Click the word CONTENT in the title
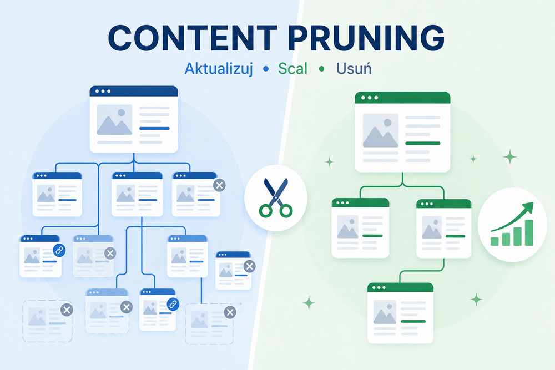[x=193, y=38]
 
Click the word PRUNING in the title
[x=366, y=38]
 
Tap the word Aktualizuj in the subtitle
[x=218, y=69]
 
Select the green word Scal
[x=292, y=69]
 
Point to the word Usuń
[x=354, y=68]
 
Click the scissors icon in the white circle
[x=276, y=197]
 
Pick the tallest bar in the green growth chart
[x=529, y=232]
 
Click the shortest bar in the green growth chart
[x=495, y=241]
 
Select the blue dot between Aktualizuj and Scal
[x=266, y=69]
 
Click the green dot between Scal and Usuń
[x=321, y=69]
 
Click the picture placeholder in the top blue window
[x=114, y=120]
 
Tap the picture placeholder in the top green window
[x=381, y=130]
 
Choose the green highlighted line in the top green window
[x=422, y=143]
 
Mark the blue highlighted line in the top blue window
[x=154, y=128]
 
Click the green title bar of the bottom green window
[x=400, y=287]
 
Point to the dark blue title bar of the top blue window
[x=133, y=91]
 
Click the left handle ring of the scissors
[x=265, y=211]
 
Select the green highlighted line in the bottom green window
[x=413, y=322]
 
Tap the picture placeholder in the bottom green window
[x=385, y=312]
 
